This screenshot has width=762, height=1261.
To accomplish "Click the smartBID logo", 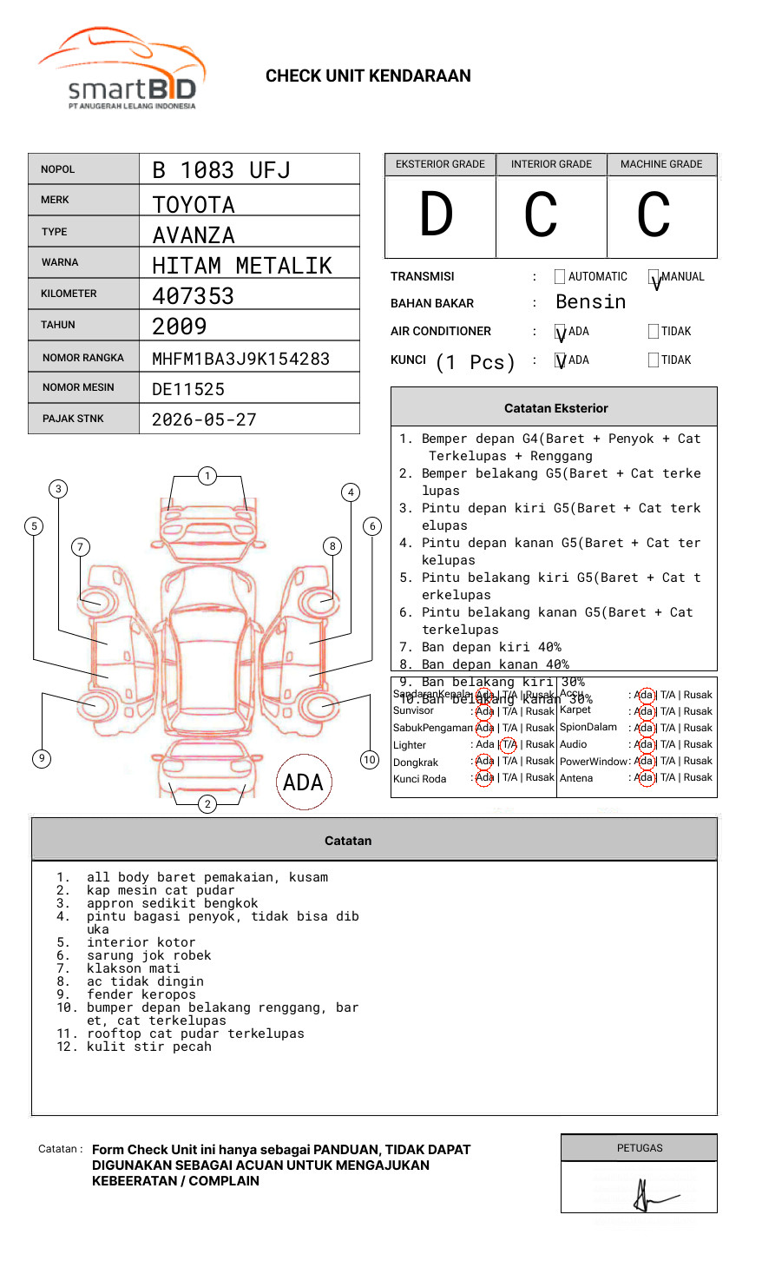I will click(x=122, y=70).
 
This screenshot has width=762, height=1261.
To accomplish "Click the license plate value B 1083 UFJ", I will click(x=220, y=170).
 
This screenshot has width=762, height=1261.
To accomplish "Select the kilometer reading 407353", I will click(x=193, y=296).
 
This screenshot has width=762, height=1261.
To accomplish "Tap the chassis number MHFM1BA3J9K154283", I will click(x=240, y=359).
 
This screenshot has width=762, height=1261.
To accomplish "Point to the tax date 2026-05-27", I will click(x=204, y=419).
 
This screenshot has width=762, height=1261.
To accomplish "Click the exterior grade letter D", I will click(x=437, y=215).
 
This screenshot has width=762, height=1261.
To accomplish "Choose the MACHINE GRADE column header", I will click(x=661, y=164).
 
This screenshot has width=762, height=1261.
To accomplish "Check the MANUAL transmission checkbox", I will click(x=654, y=277).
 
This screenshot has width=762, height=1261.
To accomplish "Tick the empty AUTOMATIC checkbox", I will click(x=560, y=277).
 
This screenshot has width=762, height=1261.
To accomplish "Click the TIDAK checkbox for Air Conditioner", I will click(x=654, y=332).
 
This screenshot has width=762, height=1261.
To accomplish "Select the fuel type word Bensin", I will click(x=590, y=302).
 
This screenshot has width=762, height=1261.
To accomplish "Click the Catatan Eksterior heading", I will click(x=555, y=408).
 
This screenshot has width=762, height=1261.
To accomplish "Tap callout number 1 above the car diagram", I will click(x=207, y=476).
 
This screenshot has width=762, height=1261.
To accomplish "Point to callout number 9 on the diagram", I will click(x=42, y=758).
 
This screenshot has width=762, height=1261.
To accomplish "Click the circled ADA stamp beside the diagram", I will click(x=303, y=782).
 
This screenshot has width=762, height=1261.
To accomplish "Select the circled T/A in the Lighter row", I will click(x=509, y=744).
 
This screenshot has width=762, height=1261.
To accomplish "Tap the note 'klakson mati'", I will click(x=133, y=968).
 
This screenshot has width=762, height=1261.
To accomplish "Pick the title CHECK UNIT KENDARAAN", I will click(x=368, y=76).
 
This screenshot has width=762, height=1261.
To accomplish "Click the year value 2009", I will click(x=179, y=327).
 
